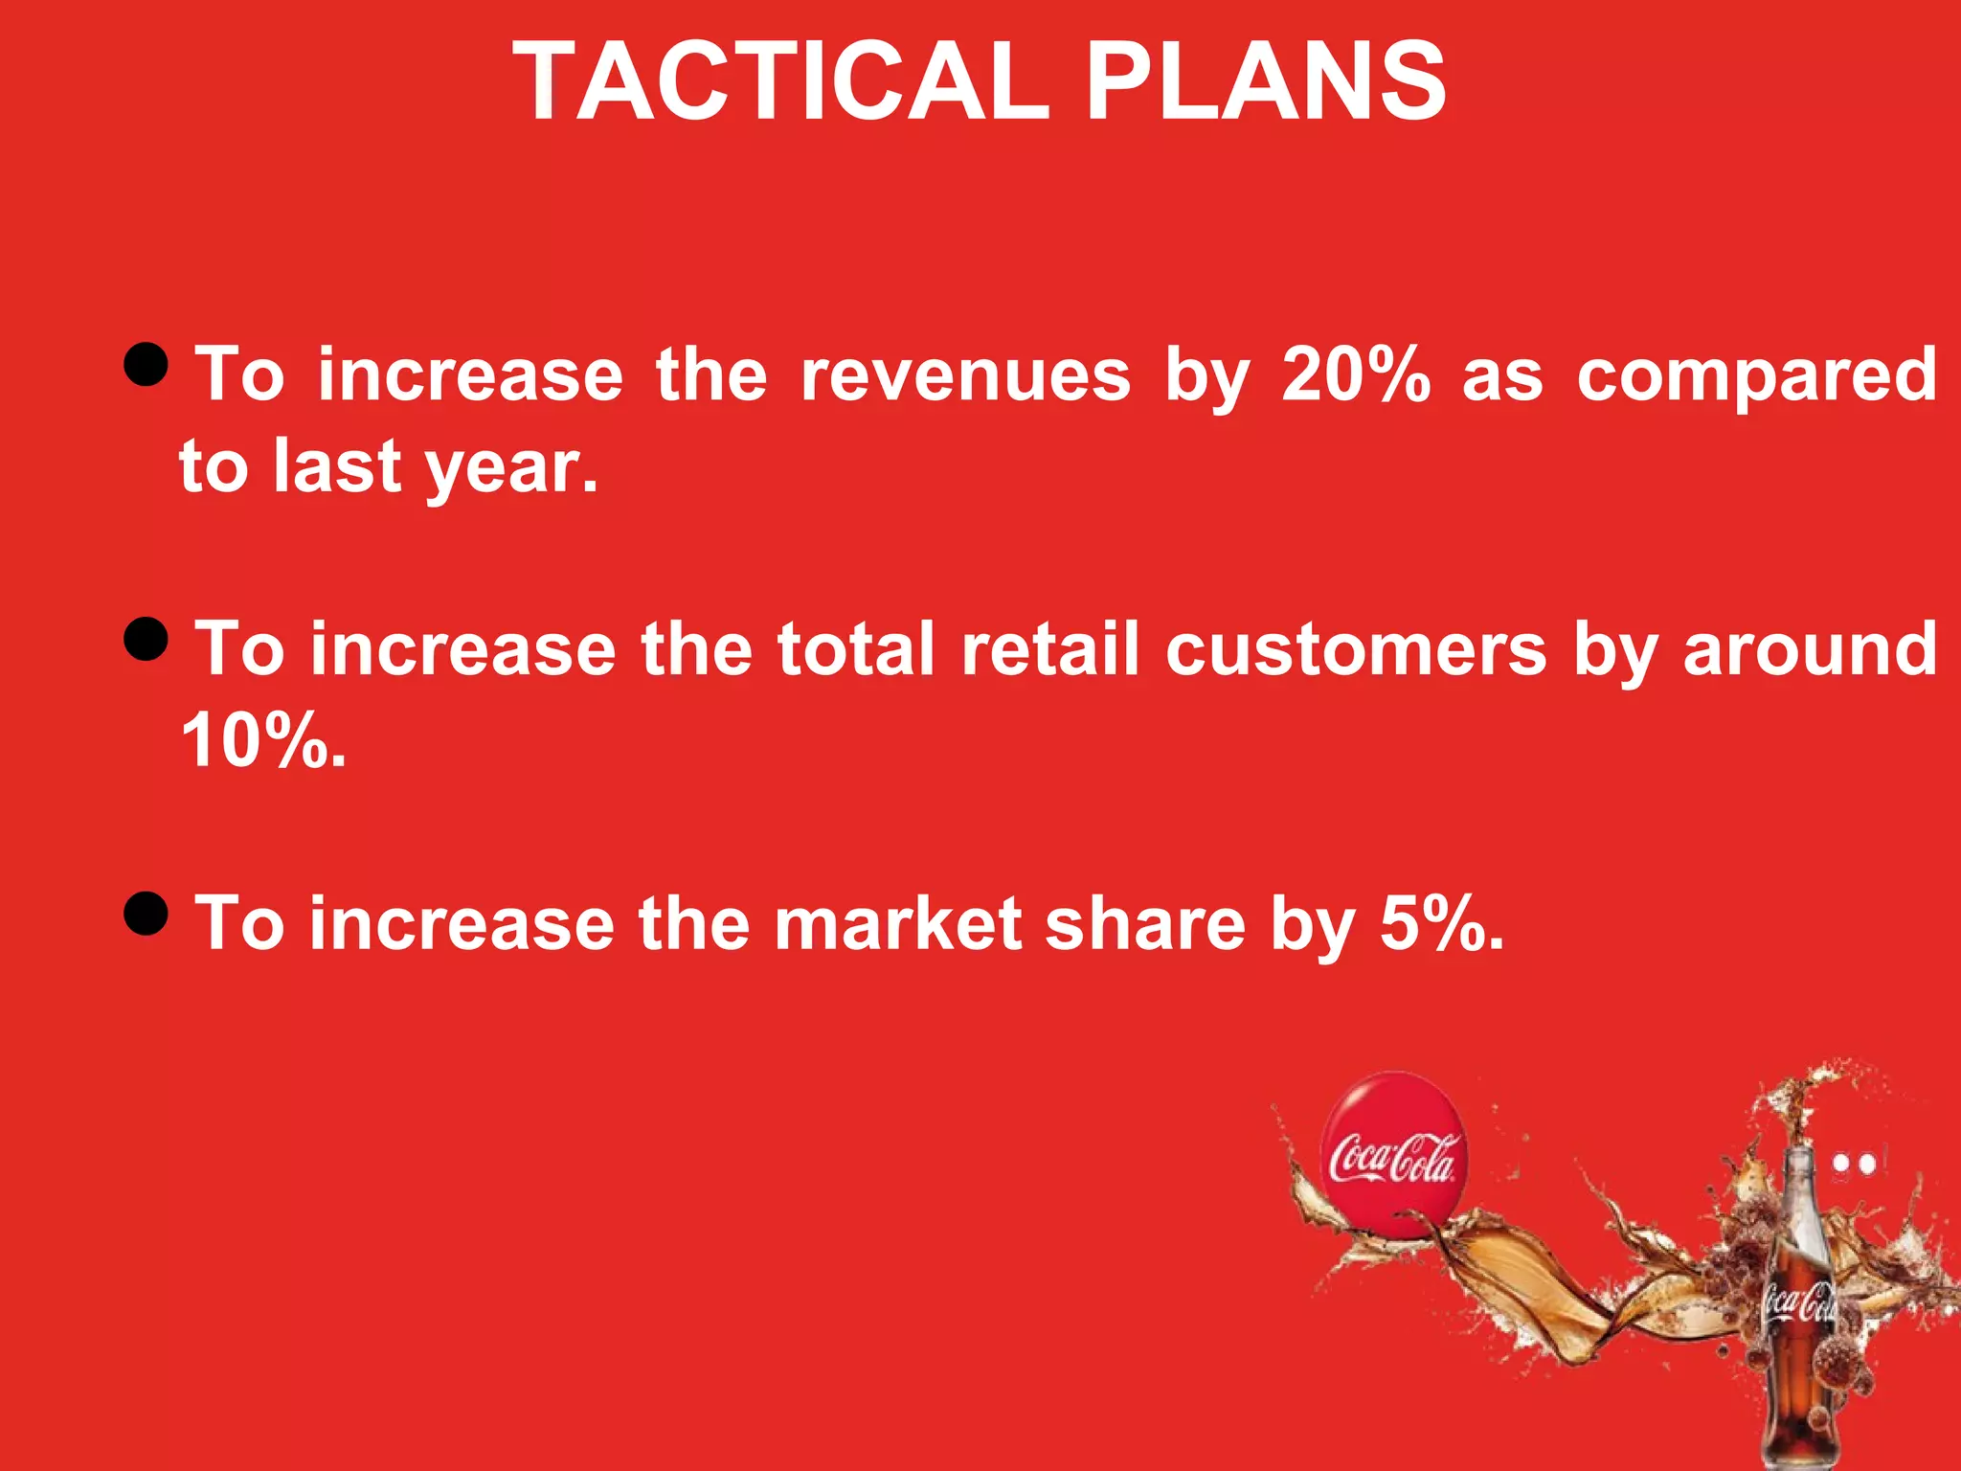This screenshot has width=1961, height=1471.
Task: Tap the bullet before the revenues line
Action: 147,364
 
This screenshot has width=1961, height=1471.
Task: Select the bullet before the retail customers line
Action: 147,639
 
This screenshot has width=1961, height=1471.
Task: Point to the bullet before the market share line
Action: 147,913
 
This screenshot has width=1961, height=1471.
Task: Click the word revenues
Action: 965,375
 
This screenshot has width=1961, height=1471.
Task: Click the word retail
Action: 1050,648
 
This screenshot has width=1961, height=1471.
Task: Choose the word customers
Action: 1356,650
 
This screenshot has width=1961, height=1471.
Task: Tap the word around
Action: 1810,650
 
